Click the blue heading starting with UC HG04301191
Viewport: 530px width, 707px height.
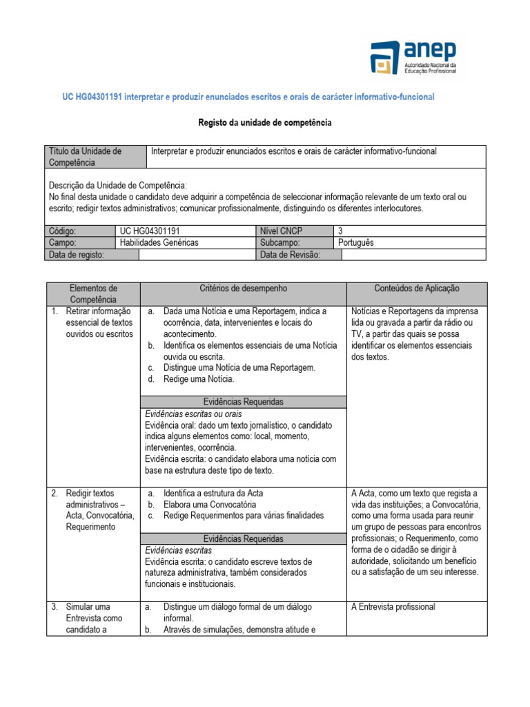(x=249, y=97)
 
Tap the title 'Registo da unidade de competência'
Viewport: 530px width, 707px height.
(x=265, y=122)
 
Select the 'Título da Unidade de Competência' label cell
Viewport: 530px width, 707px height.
(x=95, y=157)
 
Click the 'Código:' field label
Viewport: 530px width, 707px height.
(x=63, y=231)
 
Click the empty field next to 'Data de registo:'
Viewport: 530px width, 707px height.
(x=197, y=255)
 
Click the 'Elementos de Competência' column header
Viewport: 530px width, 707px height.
(x=94, y=293)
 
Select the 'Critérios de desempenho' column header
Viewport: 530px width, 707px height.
(x=243, y=288)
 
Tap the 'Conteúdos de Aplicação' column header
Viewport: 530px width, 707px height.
(x=416, y=288)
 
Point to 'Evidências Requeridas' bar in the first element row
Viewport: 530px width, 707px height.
(x=243, y=402)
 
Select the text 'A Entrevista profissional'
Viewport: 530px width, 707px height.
(x=393, y=607)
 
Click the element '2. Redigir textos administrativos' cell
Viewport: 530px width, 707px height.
(x=94, y=510)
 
